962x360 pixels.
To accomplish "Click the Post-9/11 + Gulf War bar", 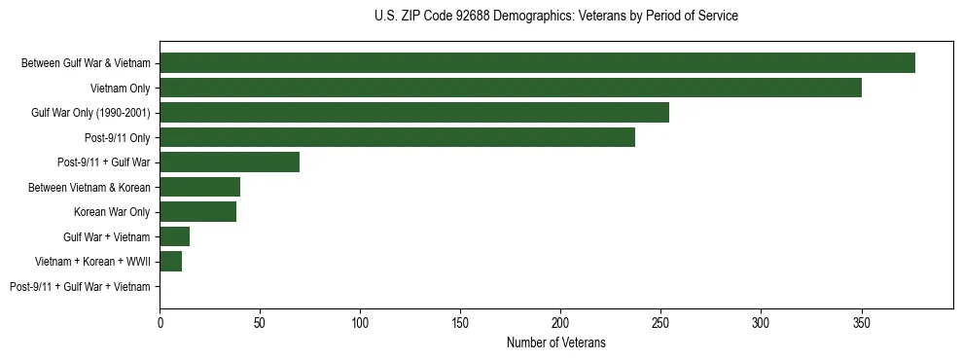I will tap(230, 162).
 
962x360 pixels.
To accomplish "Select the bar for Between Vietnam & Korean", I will tap(200, 187).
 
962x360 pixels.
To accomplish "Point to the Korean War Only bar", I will tap(198, 212).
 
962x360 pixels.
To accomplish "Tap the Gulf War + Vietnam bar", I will tap(175, 236).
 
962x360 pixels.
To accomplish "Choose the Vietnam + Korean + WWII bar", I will tap(171, 262).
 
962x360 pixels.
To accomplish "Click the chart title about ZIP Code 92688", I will tap(555, 17).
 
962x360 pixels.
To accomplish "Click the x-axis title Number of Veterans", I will tap(555, 342).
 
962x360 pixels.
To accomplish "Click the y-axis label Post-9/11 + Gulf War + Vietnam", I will tap(80, 287).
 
